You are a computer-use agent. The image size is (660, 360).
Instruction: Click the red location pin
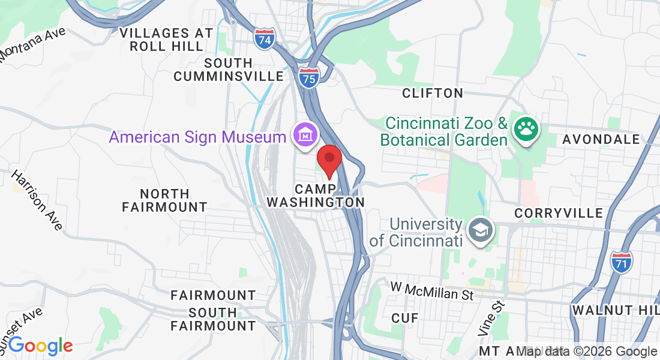tap(329, 160)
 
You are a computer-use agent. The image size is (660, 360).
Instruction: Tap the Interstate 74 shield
tap(264, 39)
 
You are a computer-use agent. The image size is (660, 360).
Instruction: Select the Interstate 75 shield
tap(309, 77)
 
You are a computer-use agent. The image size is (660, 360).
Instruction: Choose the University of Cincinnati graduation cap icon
tap(481, 229)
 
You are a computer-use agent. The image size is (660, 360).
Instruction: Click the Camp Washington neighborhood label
tap(316, 195)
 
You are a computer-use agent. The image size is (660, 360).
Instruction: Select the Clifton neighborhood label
tap(432, 93)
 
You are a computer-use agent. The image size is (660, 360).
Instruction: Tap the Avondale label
tap(601, 139)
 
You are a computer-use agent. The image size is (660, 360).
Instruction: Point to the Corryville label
tap(559, 214)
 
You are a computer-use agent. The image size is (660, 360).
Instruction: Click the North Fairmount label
tap(164, 200)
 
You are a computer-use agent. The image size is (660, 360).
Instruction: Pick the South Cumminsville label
tap(229, 70)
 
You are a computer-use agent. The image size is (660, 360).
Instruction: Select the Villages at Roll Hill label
tap(166, 40)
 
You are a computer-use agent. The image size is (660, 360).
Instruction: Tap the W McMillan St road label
tap(431, 291)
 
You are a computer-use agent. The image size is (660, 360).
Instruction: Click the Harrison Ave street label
tap(37, 200)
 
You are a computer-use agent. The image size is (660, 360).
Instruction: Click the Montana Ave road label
tap(32, 44)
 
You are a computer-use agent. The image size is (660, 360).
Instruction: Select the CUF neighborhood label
tap(404, 318)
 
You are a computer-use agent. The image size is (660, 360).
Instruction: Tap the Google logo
tap(40, 346)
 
